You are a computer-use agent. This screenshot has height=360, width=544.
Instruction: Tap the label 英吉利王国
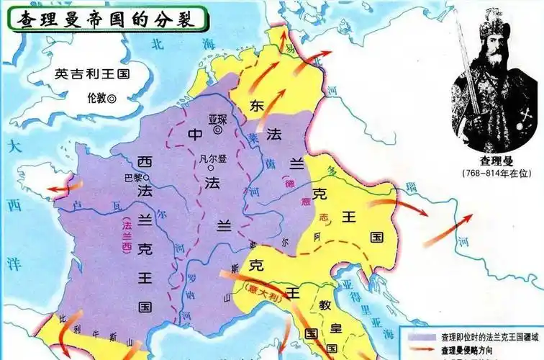(91, 73)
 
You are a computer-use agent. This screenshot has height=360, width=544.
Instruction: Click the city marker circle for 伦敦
(112, 96)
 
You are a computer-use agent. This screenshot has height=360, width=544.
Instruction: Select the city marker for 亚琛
(218, 130)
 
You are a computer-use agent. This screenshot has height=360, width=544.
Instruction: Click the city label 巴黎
(133, 176)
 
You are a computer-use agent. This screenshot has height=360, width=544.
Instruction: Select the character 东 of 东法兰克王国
(257, 105)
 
